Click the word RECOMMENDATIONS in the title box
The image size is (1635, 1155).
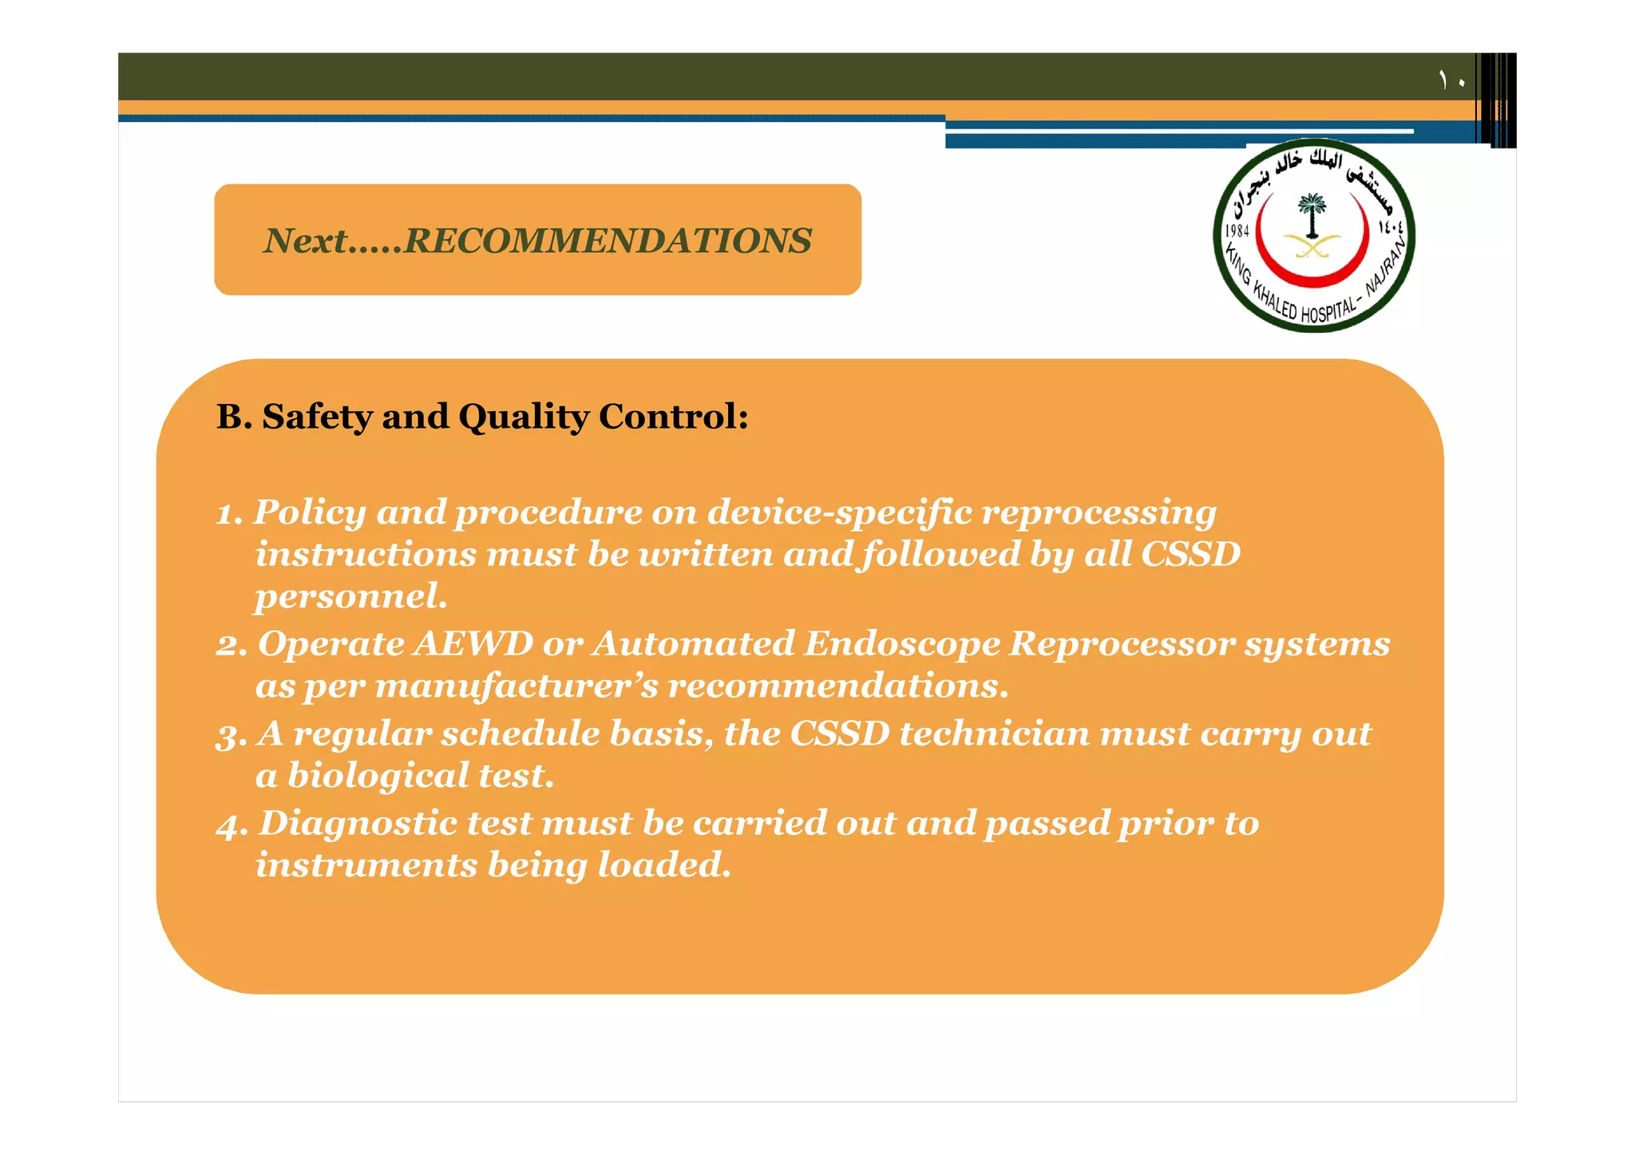pyautogui.click(x=608, y=240)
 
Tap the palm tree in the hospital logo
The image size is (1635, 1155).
pyautogui.click(x=1312, y=214)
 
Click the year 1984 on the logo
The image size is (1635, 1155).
pyautogui.click(x=1237, y=231)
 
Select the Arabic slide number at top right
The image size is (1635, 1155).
pyautogui.click(x=1451, y=80)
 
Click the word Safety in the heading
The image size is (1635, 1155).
pyautogui.click(x=317, y=417)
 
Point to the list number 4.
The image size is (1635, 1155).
pyautogui.click(x=230, y=825)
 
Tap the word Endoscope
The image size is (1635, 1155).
pyautogui.click(x=901, y=644)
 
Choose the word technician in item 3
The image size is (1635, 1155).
pyautogui.click(x=994, y=734)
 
